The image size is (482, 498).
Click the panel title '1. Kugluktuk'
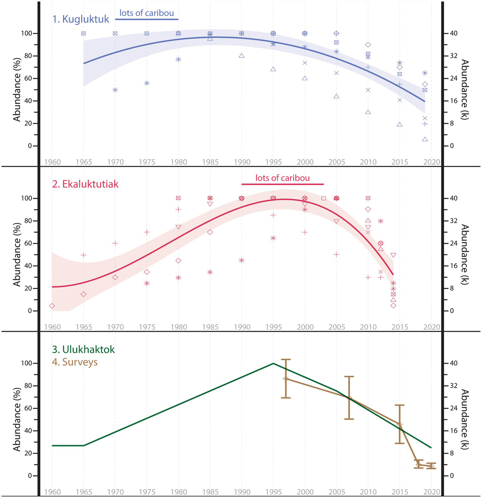[81, 19]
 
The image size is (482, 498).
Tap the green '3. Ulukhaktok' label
[83, 349]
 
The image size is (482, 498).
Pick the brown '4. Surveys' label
[75, 362]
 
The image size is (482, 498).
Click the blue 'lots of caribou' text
[147, 13]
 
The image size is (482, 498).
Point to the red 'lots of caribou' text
[282, 178]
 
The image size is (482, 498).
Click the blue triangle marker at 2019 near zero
[425, 139]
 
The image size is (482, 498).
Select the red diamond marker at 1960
[52, 306]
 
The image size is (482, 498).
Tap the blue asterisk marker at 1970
[115, 90]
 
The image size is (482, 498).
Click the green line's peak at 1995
[273, 363]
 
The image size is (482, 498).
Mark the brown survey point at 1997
[286, 379]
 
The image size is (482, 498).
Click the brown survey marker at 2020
[431, 466]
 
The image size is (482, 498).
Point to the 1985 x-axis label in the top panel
[210, 162]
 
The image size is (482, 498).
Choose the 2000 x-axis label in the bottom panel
[305, 492]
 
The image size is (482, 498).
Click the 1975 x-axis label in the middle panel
[147, 327]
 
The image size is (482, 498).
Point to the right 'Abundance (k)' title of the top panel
[465, 89]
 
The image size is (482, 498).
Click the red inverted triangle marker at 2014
[393, 255]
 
